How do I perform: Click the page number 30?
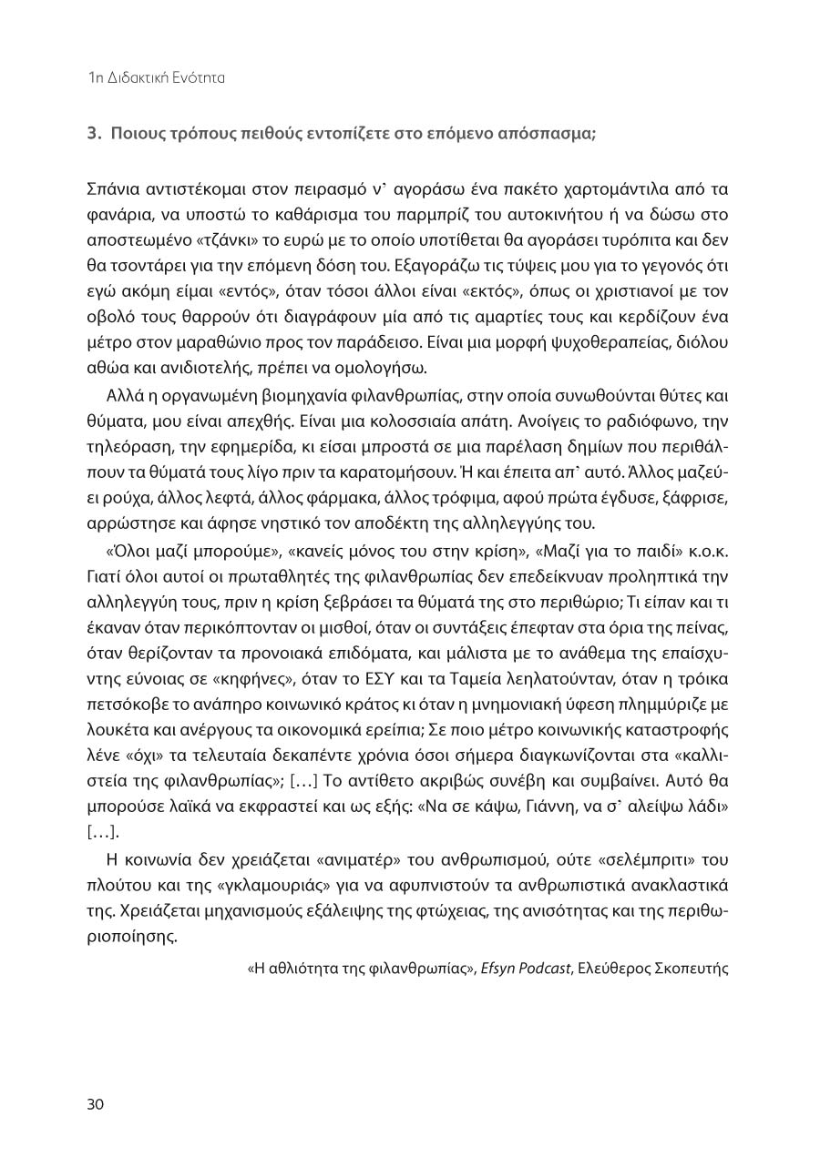point(96,1104)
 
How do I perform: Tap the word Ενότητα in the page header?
point(198,78)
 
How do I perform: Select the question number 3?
point(92,133)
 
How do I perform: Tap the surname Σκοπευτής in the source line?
point(692,968)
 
